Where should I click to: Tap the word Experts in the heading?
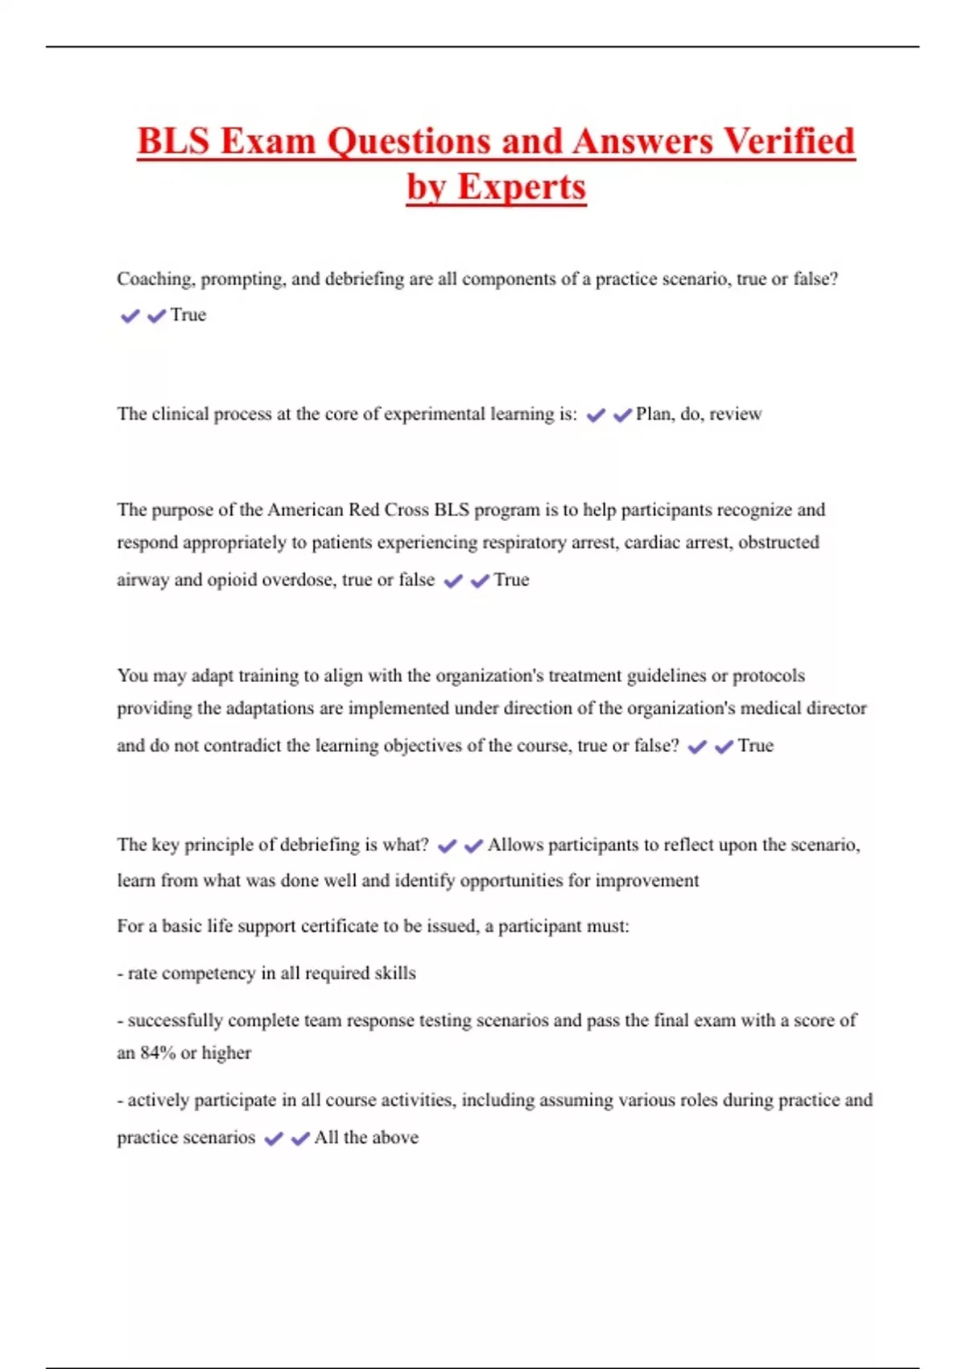[521, 187]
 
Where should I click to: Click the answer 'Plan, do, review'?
[699, 414]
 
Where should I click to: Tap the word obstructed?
[778, 543]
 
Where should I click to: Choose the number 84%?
[157, 1053]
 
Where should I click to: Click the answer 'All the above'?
[366, 1138]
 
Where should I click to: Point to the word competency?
[209, 974]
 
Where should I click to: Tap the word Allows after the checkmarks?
[516, 845]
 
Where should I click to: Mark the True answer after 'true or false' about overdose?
[511, 580]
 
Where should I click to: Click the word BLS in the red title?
[173, 141]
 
